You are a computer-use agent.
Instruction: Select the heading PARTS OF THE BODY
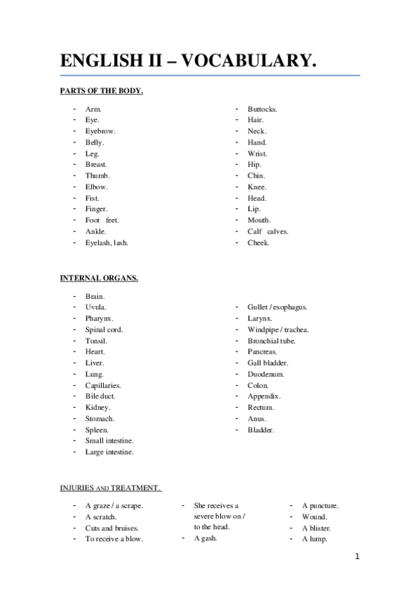click(102, 91)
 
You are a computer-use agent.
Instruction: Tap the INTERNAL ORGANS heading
click(99, 278)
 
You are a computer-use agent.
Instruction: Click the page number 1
click(357, 558)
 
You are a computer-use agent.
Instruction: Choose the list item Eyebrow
click(100, 131)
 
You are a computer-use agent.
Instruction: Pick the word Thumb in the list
click(97, 175)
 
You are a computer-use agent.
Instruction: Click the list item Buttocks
click(263, 109)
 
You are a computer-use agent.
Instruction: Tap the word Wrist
click(257, 154)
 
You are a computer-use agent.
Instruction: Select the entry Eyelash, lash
click(107, 243)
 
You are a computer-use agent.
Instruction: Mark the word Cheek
click(258, 243)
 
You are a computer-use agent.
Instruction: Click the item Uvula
click(96, 307)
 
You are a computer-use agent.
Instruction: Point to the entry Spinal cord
click(104, 330)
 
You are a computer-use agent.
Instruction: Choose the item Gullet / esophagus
click(278, 307)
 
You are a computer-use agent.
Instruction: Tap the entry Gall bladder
click(268, 363)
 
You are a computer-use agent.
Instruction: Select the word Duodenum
click(266, 374)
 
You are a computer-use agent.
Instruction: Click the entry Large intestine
click(109, 452)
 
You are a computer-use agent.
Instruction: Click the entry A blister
click(316, 528)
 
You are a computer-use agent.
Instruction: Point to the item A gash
click(205, 538)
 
